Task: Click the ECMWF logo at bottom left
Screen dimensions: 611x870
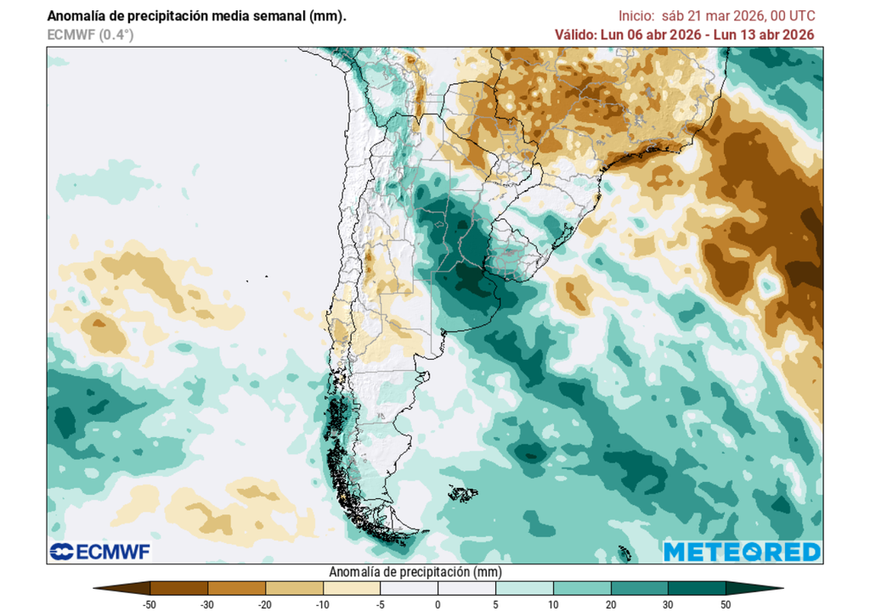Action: point(99,552)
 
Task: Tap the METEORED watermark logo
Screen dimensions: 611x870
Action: point(742,552)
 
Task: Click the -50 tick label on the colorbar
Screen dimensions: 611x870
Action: point(150,603)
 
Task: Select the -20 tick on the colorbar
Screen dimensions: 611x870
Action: point(265,603)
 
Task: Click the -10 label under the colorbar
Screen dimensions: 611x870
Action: point(323,603)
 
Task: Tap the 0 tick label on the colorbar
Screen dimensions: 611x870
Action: point(438,603)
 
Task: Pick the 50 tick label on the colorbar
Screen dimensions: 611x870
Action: point(725,603)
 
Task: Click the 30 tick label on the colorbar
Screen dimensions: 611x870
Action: point(668,603)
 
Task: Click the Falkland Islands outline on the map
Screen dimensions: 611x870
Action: point(464,492)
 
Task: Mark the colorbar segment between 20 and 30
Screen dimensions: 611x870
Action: point(639,587)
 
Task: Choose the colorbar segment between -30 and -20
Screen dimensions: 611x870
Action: point(237,587)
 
